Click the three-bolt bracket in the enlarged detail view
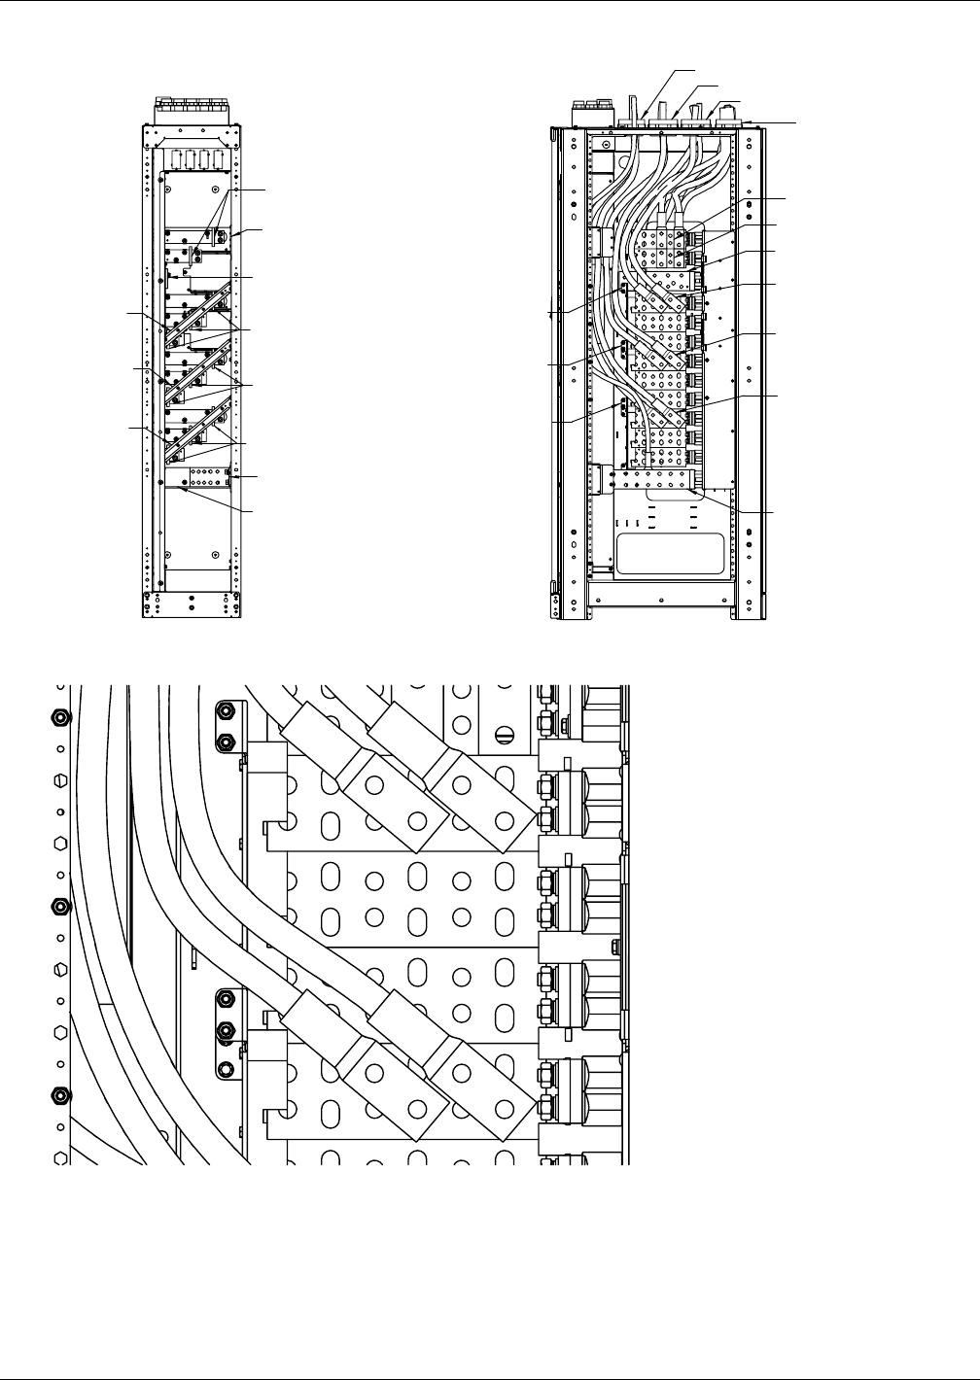pyautogui.click(x=227, y=1032)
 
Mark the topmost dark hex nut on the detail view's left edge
pyautogui.click(x=59, y=718)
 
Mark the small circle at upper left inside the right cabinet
pyautogui.click(x=605, y=146)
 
